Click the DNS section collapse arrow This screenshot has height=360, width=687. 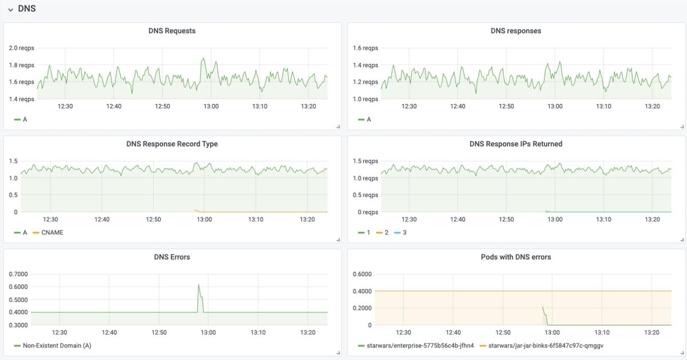pos(10,9)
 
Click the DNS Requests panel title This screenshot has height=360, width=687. pos(172,31)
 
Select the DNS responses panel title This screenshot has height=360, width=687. pos(516,31)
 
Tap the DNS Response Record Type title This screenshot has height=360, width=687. pos(172,144)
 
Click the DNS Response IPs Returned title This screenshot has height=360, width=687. pos(516,144)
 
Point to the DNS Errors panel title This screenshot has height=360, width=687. pos(172,257)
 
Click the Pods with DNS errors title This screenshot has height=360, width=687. pos(516,257)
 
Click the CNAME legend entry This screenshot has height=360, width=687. pos(51,232)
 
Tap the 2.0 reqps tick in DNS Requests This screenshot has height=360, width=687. pos(21,48)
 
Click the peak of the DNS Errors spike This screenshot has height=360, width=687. pos(199,284)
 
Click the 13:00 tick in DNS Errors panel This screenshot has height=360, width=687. pos(208,333)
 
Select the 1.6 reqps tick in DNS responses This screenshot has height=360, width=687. pos(365,48)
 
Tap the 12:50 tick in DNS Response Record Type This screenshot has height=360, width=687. pos(153,219)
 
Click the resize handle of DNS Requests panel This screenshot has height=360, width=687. pos(338,126)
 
